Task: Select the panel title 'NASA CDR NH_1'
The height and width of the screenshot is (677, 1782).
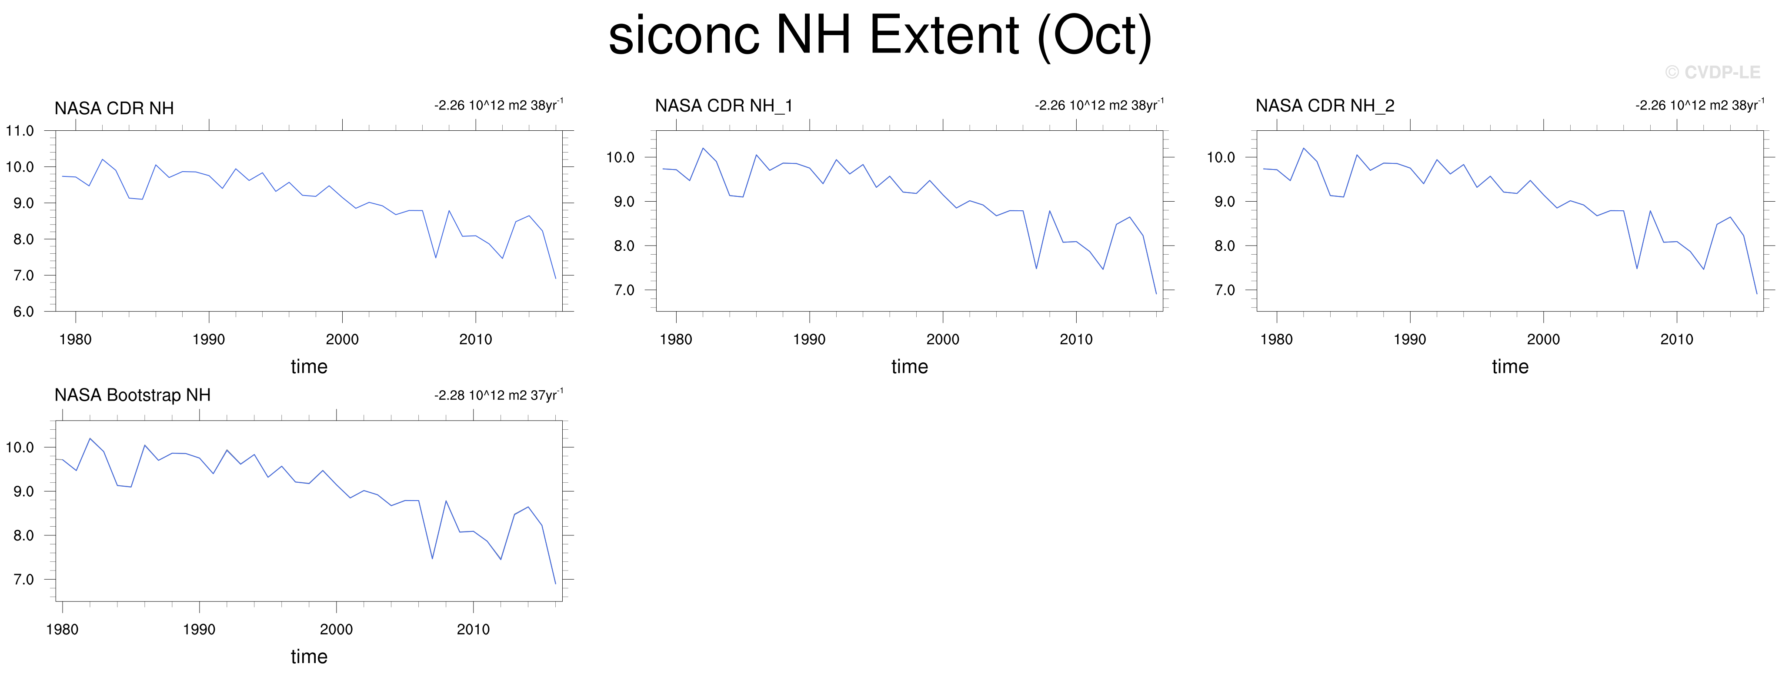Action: click(x=724, y=106)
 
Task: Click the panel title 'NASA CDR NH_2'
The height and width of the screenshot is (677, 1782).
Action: click(x=1325, y=106)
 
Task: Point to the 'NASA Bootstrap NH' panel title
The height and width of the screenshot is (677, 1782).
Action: click(x=133, y=395)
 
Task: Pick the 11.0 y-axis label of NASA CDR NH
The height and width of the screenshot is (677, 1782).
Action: click(x=20, y=131)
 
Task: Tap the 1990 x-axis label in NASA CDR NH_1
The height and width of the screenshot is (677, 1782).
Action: click(x=809, y=339)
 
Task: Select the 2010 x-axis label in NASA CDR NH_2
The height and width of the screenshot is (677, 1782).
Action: click(x=1677, y=339)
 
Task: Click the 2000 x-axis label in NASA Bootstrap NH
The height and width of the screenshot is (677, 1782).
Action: click(x=336, y=629)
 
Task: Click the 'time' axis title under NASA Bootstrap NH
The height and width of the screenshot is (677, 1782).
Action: click(x=309, y=656)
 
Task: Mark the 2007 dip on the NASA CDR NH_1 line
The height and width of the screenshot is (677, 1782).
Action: click(x=1036, y=268)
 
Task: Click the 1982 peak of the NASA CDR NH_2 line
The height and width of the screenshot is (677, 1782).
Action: click(x=1303, y=148)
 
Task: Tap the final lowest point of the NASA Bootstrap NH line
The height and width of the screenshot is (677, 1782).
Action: click(x=555, y=584)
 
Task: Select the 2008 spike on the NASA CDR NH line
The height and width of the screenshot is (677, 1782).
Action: click(x=449, y=211)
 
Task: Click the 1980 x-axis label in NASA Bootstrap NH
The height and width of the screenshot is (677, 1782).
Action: click(x=62, y=629)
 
